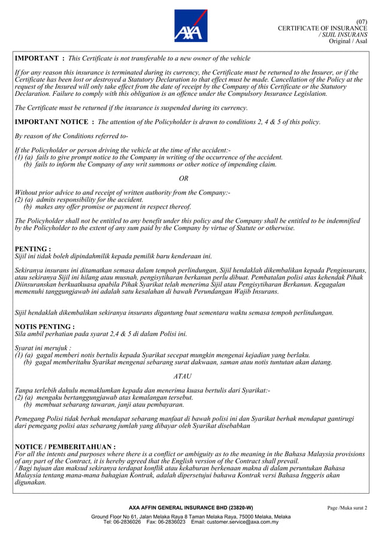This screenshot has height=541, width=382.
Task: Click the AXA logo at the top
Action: pyautogui.click(x=191, y=25)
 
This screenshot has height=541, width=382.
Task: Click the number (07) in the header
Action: pyautogui.click(x=362, y=22)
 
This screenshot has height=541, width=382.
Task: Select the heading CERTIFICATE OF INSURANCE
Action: pyautogui.click(x=323, y=29)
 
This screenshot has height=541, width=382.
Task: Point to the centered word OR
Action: pyautogui.click(x=184, y=178)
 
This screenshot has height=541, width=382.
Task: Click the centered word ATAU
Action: pyautogui.click(x=183, y=376)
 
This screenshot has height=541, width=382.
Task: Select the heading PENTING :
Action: pyautogui.click(x=32, y=248)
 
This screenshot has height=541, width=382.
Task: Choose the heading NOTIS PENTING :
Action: pyautogui.click(x=44, y=327)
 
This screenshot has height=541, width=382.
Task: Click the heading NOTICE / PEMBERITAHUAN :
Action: pyautogui.click(x=65, y=447)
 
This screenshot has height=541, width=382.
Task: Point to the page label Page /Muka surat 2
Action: pyautogui.click(x=347, y=508)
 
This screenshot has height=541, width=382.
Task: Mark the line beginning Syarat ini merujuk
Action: pyautogui.click(x=43, y=347)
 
